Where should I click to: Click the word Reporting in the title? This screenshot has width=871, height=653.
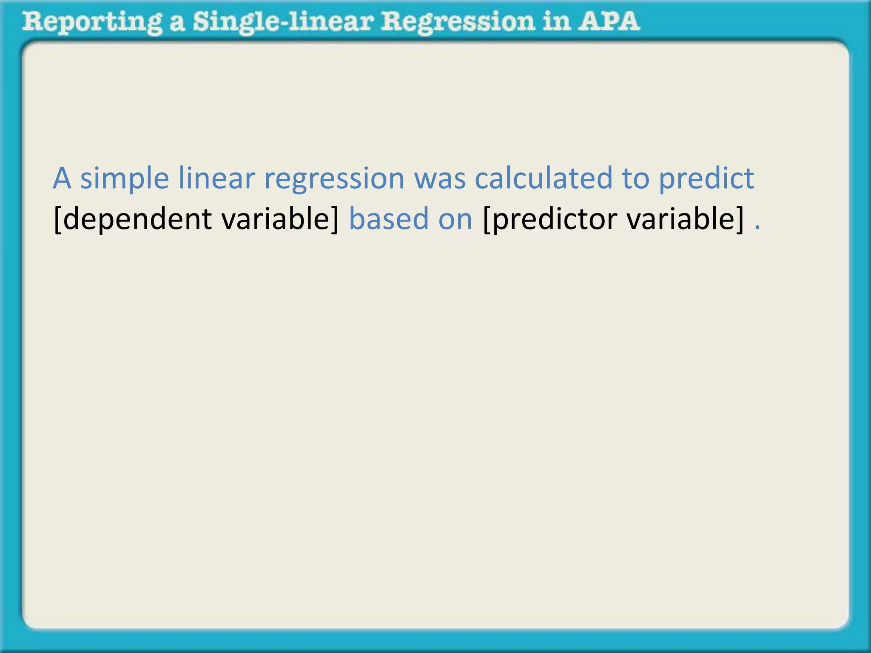tap(92, 22)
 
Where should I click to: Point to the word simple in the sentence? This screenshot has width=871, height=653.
tap(125, 179)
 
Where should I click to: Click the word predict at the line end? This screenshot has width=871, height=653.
tap(706, 179)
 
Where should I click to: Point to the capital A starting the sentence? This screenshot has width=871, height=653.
tap(62, 179)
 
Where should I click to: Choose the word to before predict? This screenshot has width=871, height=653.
tap(635, 179)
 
